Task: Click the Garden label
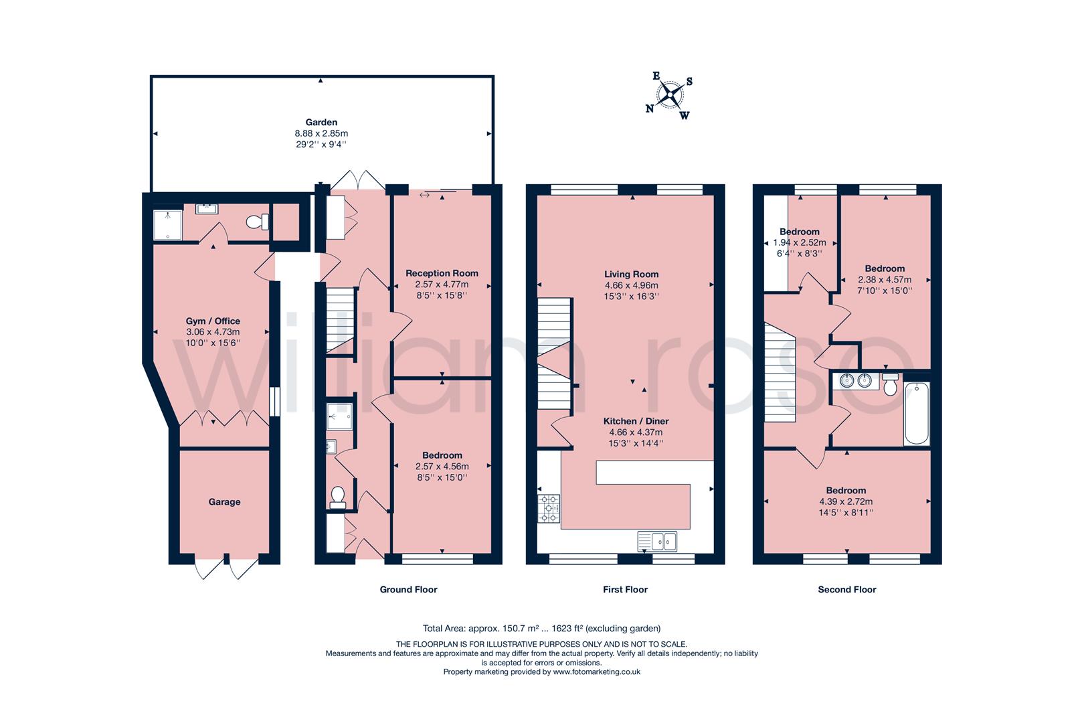tap(321, 123)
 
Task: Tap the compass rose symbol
tap(670, 95)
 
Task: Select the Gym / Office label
tap(213, 321)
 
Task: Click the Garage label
tap(225, 502)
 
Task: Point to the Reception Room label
tap(442, 274)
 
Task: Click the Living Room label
tap(631, 274)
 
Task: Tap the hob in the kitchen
tap(549, 509)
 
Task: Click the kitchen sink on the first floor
tap(657, 541)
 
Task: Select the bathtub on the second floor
tap(917, 413)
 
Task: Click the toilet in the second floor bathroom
tap(890, 384)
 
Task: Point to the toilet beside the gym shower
tap(258, 222)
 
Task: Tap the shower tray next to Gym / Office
tap(167, 225)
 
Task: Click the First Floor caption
tap(625, 590)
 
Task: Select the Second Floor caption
tap(847, 590)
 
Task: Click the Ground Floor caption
tap(408, 590)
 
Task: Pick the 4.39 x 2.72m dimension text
tap(846, 501)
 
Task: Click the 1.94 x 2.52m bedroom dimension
tap(800, 242)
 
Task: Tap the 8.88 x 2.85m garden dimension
tap(321, 133)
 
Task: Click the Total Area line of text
tap(541, 629)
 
